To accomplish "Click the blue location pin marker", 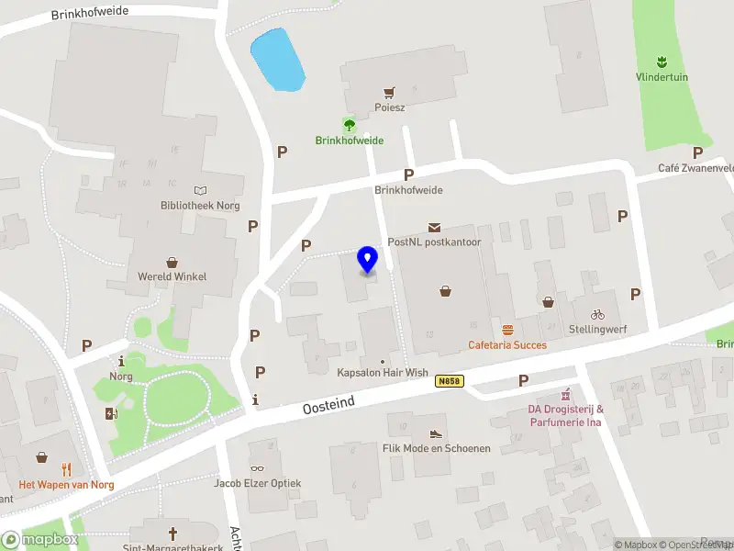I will (x=367, y=259).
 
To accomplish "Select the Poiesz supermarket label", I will (x=390, y=107).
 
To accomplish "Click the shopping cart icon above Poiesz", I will (x=390, y=93).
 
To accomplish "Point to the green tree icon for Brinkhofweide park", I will (x=349, y=125).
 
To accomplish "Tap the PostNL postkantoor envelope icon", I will (x=434, y=227).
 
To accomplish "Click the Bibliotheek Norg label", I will (x=199, y=205).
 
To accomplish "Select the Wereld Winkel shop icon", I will (x=172, y=263).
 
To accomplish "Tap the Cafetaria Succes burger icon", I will (x=507, y=330).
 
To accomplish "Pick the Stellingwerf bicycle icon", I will (x=597, y=314).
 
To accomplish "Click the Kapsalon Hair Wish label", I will (x=383, y=374).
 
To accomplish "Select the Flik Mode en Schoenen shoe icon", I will (x=437, y=433).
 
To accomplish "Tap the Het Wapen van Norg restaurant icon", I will (x=66, y=468).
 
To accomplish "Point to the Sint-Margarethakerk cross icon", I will (x=172, y=533).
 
